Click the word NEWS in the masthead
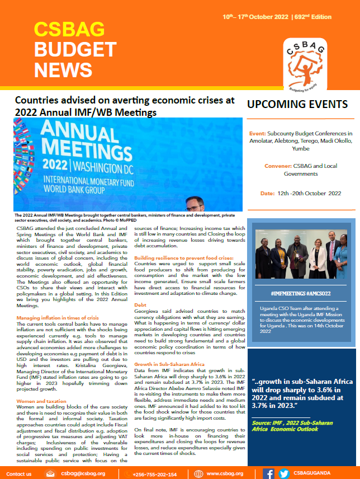pos(63,69)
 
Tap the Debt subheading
pos(140,306)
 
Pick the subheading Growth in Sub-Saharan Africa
pos(168,364)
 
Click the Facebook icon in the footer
pos(269,474)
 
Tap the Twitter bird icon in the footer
pos(284,474)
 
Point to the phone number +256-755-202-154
pos(147,474)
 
